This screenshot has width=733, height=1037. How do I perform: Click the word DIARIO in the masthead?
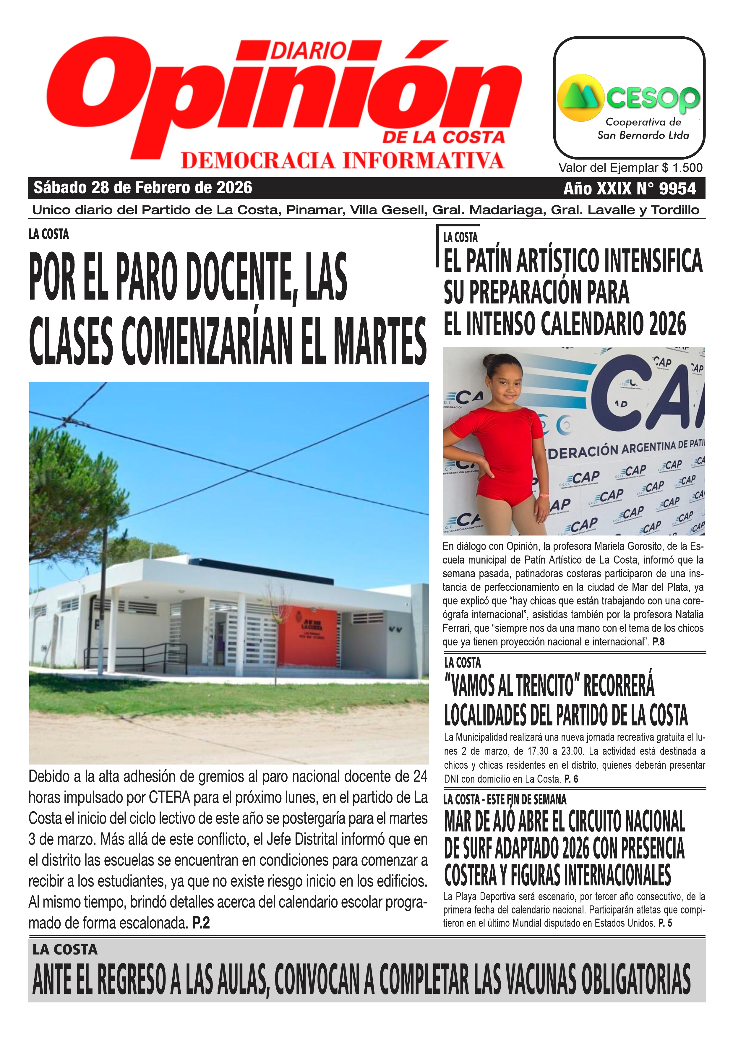tap(309, 51)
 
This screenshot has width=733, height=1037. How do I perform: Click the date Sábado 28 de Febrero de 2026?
tap(143, 187)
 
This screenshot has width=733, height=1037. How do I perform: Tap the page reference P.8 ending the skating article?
tap(658, 642)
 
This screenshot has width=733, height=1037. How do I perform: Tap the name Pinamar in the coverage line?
tap(315, 210)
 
